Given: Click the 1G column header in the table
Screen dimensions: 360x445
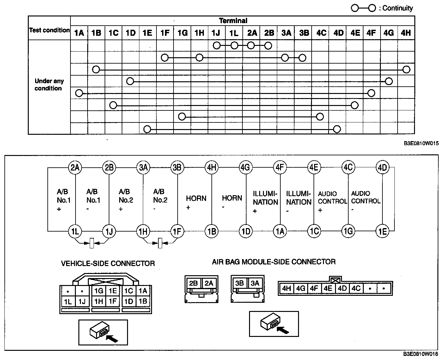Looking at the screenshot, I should point(182,33).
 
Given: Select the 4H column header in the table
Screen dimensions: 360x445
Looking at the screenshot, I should point(405,33).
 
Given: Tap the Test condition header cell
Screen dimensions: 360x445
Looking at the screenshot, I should point(49,30).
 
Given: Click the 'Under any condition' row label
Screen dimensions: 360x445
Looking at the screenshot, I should point(49,85).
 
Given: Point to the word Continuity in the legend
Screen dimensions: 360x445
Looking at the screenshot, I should point(397,8).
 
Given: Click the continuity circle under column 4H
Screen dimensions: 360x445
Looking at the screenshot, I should point(406,70).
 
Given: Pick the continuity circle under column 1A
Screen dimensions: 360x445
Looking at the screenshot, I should point(79,93).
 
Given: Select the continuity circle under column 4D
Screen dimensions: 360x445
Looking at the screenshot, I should point(337,129).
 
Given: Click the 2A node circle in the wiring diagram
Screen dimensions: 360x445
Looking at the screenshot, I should point(75,167).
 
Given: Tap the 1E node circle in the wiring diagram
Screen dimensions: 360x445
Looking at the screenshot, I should point(382,232).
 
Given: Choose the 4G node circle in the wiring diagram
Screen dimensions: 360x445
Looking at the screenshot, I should point(245,167).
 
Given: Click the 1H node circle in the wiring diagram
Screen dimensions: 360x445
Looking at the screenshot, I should point(143,232).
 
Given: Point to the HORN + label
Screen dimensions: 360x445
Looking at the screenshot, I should point(196,202).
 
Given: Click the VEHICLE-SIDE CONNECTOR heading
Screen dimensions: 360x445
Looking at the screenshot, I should point(108,263).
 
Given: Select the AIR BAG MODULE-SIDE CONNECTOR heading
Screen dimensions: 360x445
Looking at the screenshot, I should point(274,262).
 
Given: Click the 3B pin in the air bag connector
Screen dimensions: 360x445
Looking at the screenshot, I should point(240,283).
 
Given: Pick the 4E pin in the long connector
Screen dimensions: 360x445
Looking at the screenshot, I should point(328,288).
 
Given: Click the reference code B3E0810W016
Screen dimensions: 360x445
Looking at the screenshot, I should point(421,354).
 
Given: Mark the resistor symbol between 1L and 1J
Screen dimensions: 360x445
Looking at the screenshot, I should point(92,243).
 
